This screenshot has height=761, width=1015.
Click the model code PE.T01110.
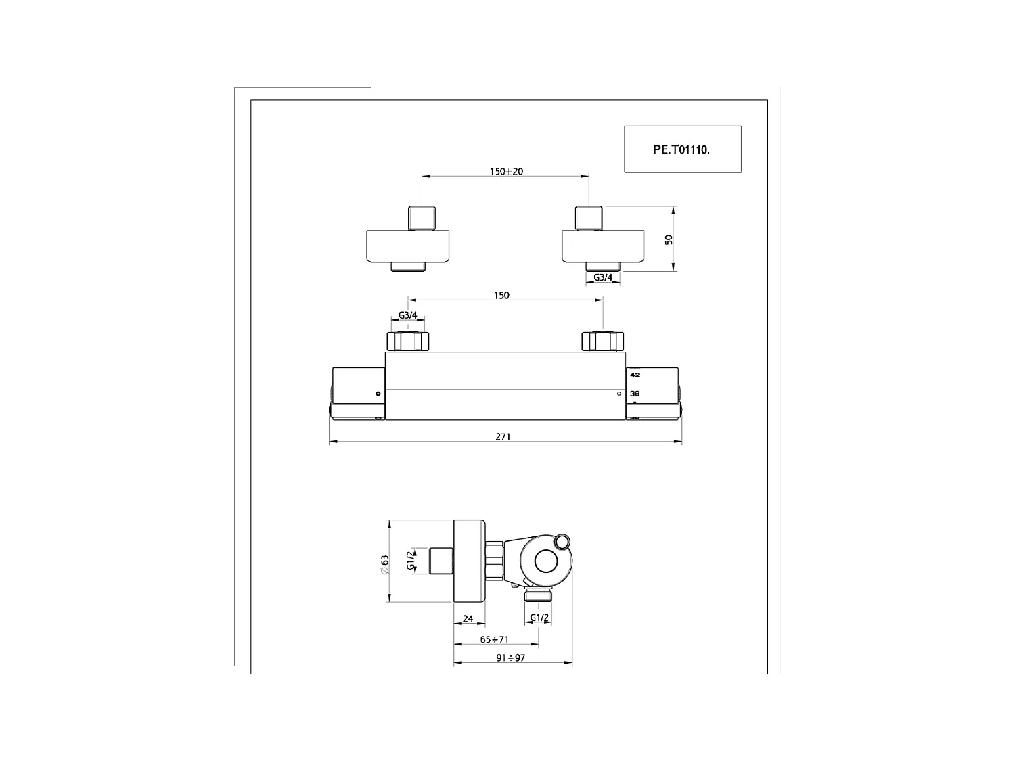[x=681, y=150]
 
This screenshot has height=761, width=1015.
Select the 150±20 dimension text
[x=506, y=172]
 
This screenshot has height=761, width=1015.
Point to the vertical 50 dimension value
[x=669, y=239]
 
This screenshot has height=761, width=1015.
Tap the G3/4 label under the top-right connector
[x=603, y=277]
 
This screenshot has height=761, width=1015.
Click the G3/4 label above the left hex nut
[x=408, y=315]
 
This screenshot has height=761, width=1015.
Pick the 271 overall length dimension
[x=503, y=437]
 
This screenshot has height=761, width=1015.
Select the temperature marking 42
[x=635, y=374]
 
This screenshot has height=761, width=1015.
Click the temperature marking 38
[x=635, y=393]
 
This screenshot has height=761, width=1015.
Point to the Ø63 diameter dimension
[x=384, y=564]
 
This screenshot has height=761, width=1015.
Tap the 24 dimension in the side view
[x=468, y=619]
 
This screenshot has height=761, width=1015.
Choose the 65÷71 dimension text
[x=494, y=639]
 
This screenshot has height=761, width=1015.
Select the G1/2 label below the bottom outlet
[x=539, y=618]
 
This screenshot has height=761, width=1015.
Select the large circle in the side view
[x=545, y=561]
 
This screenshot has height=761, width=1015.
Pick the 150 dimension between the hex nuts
[x=501, y=296]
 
